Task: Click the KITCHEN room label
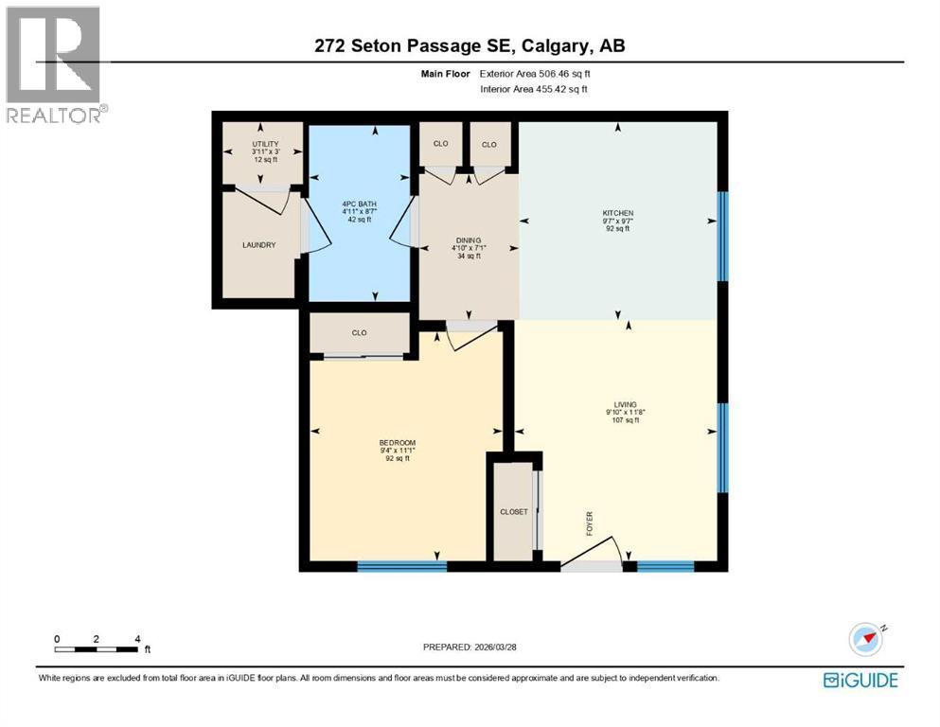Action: click(617, 213)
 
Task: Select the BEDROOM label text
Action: click(398, 443)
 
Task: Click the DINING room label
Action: click(467, 240)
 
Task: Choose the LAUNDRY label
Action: click(258, 245)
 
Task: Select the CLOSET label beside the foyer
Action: click(514, 512)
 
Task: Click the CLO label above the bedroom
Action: click(359, 333)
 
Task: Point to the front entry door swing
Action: click(606, 553)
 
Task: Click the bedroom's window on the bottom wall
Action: click(401, 566)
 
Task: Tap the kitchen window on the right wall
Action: click(722, 237)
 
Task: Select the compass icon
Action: click(866, 639)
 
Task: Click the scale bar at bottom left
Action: click(97, 649)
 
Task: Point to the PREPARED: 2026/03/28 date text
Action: click(470, 647)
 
